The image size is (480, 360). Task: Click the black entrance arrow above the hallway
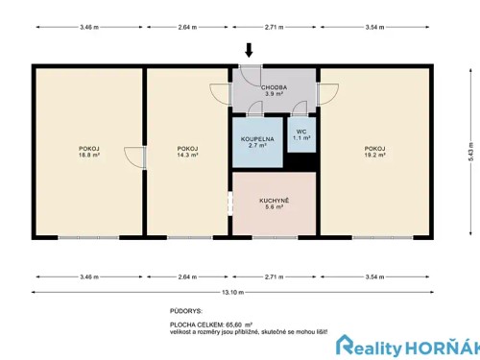tap(250, 50)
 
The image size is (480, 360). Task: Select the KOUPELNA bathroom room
tap(257, 140)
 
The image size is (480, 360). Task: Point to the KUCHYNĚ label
tap(274, 200)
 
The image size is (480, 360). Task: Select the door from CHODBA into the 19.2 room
tap(326, 94)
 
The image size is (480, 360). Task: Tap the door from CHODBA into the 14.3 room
tap(220, 94)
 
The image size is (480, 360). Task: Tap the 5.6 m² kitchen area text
tap(274, 207)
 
